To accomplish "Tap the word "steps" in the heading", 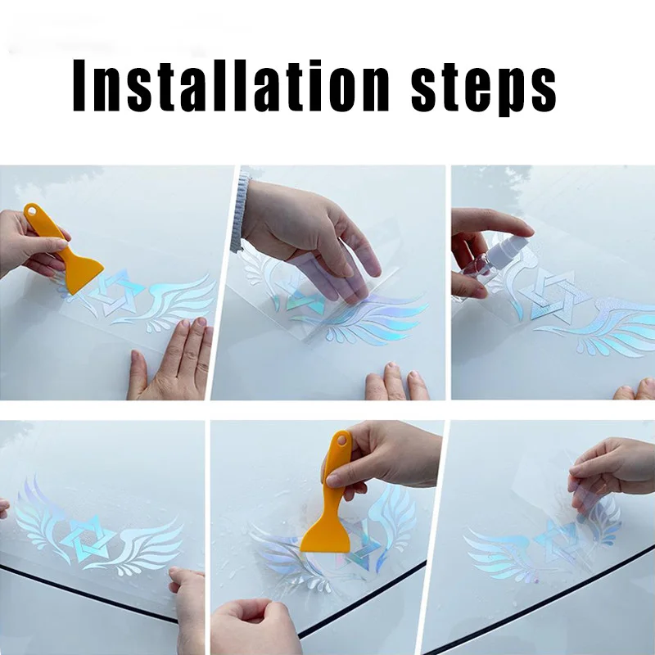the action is pyautogui.click(x=483, y=88).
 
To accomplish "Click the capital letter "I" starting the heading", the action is pyautogui.click(x=79, y=85).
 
